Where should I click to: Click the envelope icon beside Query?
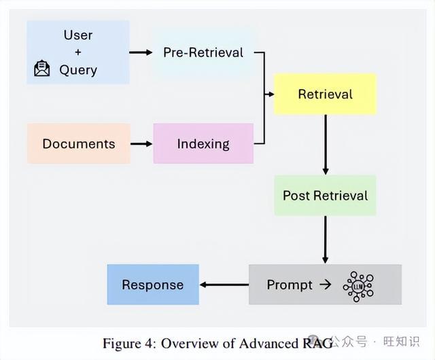(x=42, y=68)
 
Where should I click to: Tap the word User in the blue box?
(x=78, y=35)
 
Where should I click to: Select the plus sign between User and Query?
(x=78, y=52)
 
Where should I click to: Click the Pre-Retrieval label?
(x=203, y=52)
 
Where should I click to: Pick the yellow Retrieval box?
(x=325, y=94)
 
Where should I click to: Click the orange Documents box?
(x=79, y=144)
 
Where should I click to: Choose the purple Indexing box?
(x=203, y=144)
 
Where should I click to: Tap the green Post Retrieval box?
(x=325, y=196)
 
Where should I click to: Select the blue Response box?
(x=153, y=285)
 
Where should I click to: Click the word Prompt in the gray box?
(x=290, y=285)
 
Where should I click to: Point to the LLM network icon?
(x=358, y=287)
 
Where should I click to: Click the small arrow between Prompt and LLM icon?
(x=325, y=285)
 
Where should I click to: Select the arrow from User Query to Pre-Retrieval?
(x=141, y=52)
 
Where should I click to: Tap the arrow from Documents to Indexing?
(x=141, y=144)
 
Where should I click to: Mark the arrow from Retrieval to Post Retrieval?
(x=326, y=145)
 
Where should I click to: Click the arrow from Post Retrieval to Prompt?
(x=326, y=240)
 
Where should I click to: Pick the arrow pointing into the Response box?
(x=224, y=285)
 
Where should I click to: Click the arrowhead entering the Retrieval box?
(x=271, y=94)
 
